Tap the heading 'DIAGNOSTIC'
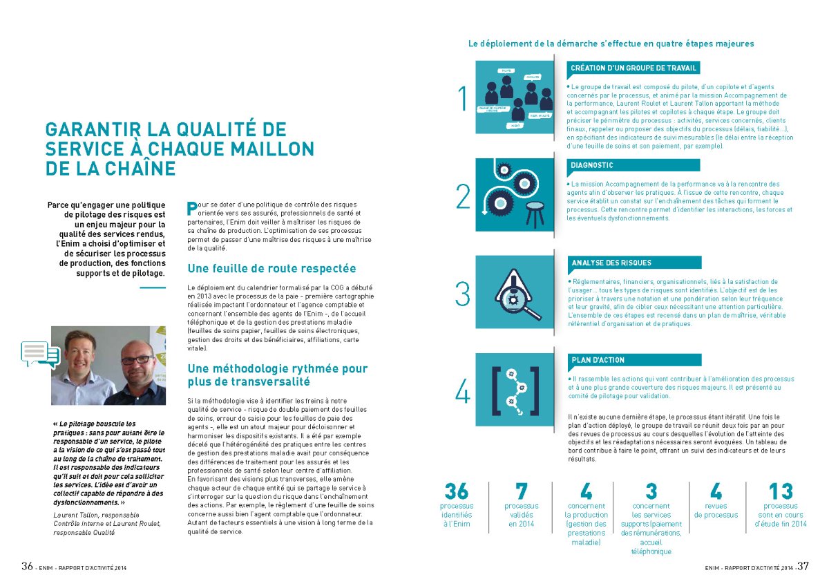click(592, 166)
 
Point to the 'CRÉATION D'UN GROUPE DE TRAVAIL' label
click(633, 68)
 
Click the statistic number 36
click(457, 492)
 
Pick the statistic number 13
click(781, 492)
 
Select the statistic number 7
click(521, 492)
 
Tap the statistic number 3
click(651, 492)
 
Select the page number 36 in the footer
click(27, 566)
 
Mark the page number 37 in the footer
click(803, 566)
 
